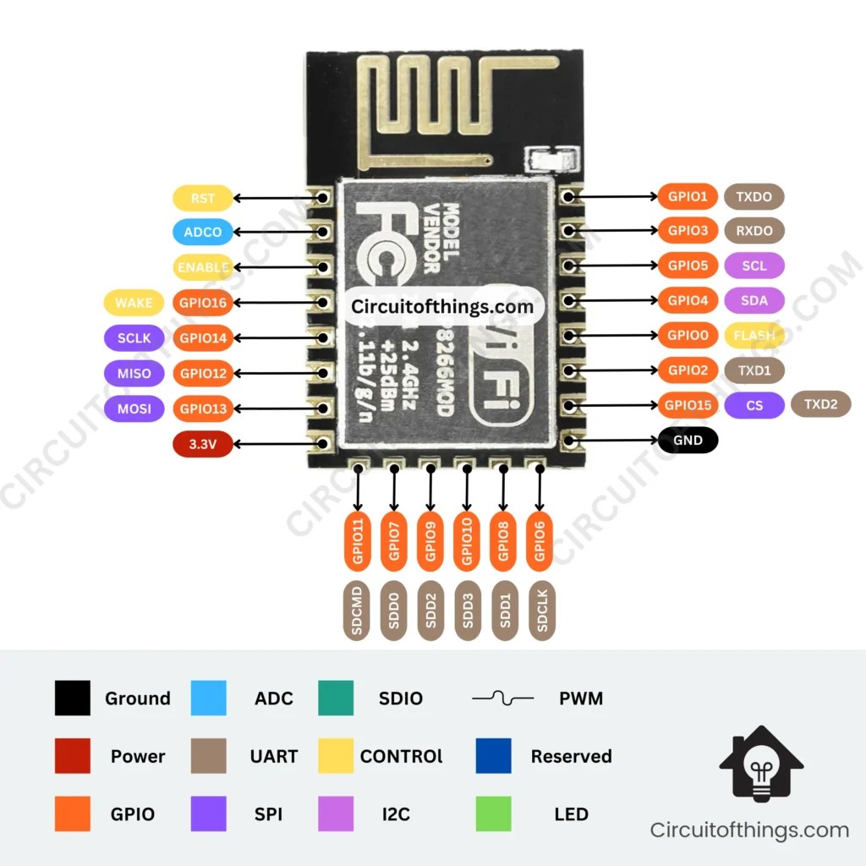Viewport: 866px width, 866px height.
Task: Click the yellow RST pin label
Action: pos(203,198)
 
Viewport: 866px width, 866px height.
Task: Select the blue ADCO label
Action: pos(203,232)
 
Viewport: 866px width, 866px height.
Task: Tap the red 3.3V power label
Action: pos(203,443)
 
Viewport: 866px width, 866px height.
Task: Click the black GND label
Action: pos(688,440)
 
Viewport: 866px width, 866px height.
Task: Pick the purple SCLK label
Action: pos(134,338)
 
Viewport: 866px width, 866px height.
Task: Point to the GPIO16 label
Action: pos(203,302)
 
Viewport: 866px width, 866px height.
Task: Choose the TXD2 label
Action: pos(820,405)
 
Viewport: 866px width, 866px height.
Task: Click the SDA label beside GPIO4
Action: pos(754,300)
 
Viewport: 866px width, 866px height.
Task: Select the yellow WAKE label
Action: pos(134,302)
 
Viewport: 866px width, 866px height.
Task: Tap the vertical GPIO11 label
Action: pos(358,541)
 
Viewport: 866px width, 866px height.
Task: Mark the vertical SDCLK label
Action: pos(542,610)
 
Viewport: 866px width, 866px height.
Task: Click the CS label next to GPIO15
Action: pos(754,405)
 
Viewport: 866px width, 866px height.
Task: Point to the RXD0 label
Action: pos(754,230)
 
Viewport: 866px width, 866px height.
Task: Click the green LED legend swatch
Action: pos(495,814)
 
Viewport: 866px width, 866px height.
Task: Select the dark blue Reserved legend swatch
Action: pos(495,756)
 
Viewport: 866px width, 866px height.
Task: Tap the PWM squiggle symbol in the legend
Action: pos(502,699)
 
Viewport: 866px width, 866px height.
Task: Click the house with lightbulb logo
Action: pos(761,765)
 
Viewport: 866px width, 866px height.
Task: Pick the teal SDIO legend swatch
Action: pos(336,699)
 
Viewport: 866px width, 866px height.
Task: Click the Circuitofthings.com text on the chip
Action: pos(442,306)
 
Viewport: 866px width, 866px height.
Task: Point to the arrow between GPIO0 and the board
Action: pos(615,335)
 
